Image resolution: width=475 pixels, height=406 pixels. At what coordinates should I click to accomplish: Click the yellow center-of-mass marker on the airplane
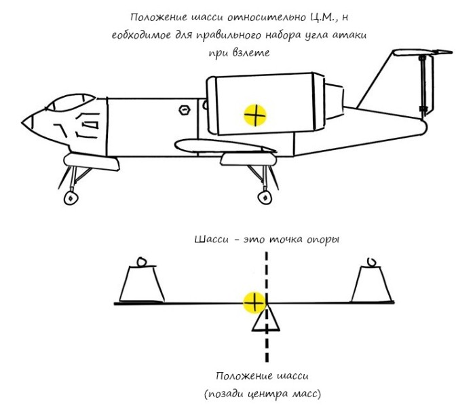(255, 115)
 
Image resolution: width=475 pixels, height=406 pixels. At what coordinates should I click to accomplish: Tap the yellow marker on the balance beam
(254, 303)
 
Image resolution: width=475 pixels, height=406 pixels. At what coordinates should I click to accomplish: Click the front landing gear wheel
(71, 198)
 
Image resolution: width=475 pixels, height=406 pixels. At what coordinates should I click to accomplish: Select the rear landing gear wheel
(265, 198)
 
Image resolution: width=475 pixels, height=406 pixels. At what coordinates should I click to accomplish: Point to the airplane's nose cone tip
(22, 123)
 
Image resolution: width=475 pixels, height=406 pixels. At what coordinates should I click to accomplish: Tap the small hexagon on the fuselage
(184, 110)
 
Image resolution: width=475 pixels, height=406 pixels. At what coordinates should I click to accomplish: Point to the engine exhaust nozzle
(334, 102)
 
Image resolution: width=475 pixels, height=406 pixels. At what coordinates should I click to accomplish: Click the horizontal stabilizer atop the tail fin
(421, 53)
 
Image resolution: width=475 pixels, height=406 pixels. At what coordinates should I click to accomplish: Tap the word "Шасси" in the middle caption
(212, 240)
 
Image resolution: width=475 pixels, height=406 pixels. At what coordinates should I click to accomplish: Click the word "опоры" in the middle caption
(323, 240)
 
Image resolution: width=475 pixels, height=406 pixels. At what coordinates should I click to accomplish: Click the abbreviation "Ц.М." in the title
(322, 17)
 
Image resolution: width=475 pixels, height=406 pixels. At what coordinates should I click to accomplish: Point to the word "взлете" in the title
(251, 53)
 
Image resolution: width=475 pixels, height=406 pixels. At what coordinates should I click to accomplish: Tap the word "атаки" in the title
(349, 35)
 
